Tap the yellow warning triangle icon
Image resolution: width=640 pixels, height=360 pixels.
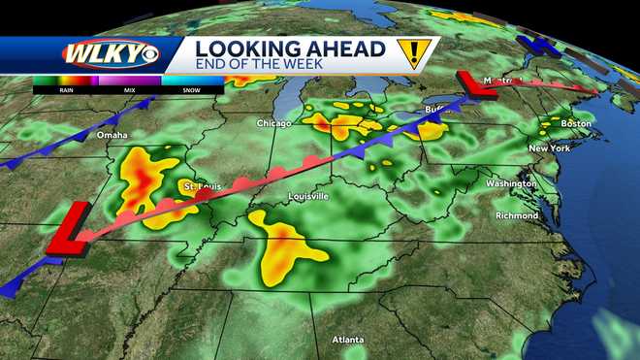click(x=415, y=54)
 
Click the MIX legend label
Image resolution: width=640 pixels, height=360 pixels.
click(x=128, y=88)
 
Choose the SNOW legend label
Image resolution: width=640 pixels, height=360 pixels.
click(x=191, y=88)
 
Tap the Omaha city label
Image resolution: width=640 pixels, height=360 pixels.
click(x=112, y=136)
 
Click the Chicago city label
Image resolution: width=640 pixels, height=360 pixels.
click(x=274, y=123)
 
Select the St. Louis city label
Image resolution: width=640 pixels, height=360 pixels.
click(x=203, y=184)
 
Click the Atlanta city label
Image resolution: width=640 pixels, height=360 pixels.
click(x=347, y=340)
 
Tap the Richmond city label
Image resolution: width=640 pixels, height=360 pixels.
click(x=516, y=214)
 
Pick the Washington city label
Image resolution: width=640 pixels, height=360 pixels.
click(x=510, y=183)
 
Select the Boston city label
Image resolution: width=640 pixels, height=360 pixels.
click(x=575, y=123)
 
